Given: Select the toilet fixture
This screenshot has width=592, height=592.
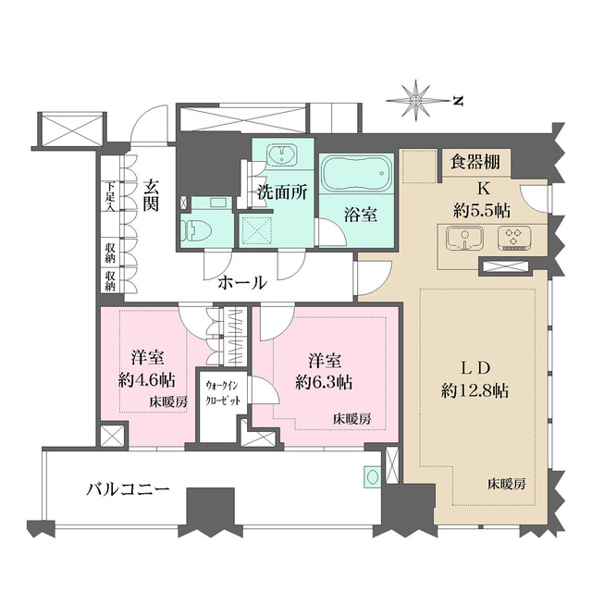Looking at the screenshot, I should [x=197, y=227].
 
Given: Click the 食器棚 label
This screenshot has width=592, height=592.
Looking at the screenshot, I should [x=475, y=163].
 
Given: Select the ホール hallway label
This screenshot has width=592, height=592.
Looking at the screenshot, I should [x=242, y=283].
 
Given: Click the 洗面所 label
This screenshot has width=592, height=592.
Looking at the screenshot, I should [x=281, y=195].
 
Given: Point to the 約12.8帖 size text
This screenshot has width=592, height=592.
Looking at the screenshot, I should [x=474, y=390].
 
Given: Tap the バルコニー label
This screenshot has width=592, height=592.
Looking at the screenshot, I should [x=130, y=489].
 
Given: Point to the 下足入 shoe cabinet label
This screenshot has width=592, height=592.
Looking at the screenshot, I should [x=109, y=194].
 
